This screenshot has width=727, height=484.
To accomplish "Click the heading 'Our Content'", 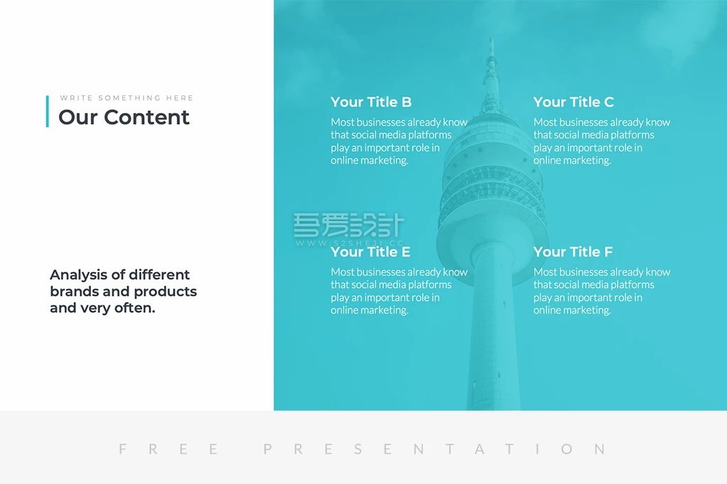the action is (x=124, y=117).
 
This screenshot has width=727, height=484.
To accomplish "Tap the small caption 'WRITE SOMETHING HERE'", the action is (x=126, y=98).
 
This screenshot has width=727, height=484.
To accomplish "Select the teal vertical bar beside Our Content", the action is (x=48, y=112).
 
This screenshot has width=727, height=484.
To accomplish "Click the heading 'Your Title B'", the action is (x=371, y=102).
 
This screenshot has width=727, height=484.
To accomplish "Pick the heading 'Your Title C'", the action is (x=573, y=102).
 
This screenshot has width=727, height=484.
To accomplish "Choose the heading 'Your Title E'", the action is (x=370, y=252).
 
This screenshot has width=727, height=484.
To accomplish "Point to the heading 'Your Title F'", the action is (x=573, y=252).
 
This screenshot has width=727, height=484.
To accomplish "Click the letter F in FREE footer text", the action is (x=122, y=448).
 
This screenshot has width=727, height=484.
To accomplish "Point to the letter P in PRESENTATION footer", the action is (x=267, y=448).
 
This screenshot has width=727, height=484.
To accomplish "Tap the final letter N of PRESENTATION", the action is (x=600, y=448).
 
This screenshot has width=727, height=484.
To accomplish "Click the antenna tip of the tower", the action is (x=492, y=39).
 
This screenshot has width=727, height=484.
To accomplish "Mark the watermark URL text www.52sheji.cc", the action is (x=350, y=243).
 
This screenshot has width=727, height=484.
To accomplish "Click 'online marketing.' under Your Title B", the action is (x=370, y=161).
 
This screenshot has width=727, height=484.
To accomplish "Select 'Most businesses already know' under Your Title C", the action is (x=602, y=122).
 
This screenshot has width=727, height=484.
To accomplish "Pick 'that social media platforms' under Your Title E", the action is (x=391, y=285).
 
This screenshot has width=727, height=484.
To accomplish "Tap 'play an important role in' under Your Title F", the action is (x=588, y=298).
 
